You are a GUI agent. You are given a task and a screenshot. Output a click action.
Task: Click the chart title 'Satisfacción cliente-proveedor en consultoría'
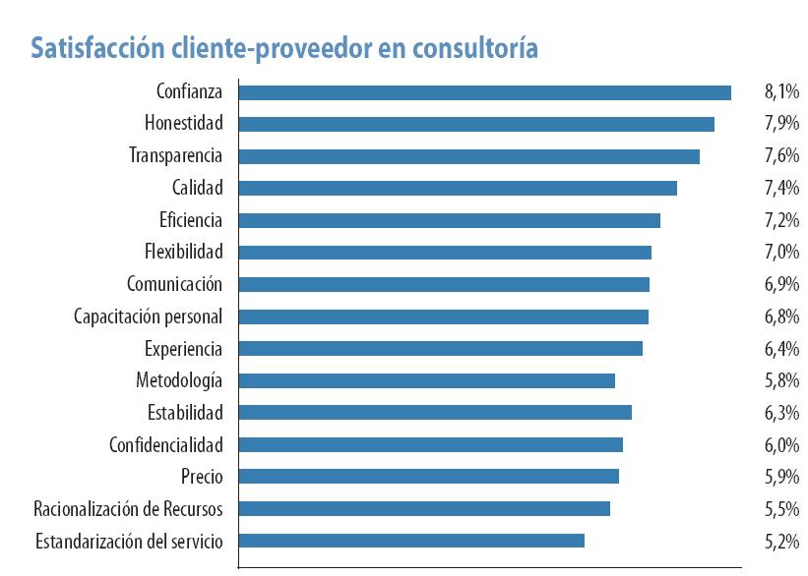284,48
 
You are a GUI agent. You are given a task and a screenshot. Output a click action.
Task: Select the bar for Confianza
484,92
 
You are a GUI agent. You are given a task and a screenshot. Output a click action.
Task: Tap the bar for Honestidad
476,124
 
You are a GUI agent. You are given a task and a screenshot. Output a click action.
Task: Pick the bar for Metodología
426,380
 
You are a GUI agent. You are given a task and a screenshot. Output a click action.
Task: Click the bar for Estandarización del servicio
411,541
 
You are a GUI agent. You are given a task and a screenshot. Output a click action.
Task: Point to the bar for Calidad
458,188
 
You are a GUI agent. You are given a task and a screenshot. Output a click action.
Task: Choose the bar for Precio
428,477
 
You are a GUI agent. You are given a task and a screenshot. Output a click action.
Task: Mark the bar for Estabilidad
435,413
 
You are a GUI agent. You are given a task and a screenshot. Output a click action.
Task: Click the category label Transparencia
175,155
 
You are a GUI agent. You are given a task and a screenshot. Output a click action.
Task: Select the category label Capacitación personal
148,317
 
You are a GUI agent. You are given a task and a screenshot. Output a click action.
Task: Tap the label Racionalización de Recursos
128,509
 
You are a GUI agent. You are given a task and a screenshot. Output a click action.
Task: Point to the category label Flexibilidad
183,252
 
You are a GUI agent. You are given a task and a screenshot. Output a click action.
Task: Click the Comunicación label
174,284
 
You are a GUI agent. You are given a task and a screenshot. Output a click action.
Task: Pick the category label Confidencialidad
165,445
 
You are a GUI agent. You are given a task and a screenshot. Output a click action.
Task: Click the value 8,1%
780,92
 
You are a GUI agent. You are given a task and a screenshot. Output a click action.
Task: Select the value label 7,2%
780,220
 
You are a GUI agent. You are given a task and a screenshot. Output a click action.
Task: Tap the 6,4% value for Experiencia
780,349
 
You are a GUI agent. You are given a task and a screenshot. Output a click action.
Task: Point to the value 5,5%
780,509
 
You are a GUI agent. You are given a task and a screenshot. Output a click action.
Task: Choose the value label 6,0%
780,445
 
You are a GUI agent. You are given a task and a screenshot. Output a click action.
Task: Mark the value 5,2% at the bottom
780,541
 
